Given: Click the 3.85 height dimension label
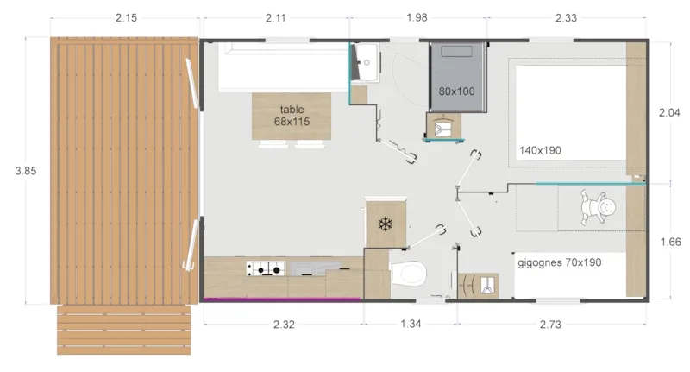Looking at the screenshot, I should pos(26,171).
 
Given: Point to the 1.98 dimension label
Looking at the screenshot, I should pos(417,18).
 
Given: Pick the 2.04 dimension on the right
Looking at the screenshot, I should pos(669,113).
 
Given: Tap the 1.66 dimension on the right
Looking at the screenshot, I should pos(669,243).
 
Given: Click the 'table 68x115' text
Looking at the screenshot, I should pos(292,116).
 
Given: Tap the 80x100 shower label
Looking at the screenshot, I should pos(456,91).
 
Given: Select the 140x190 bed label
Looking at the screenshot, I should pos(540,150).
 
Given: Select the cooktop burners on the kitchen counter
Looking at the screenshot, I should pos(265,269).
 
